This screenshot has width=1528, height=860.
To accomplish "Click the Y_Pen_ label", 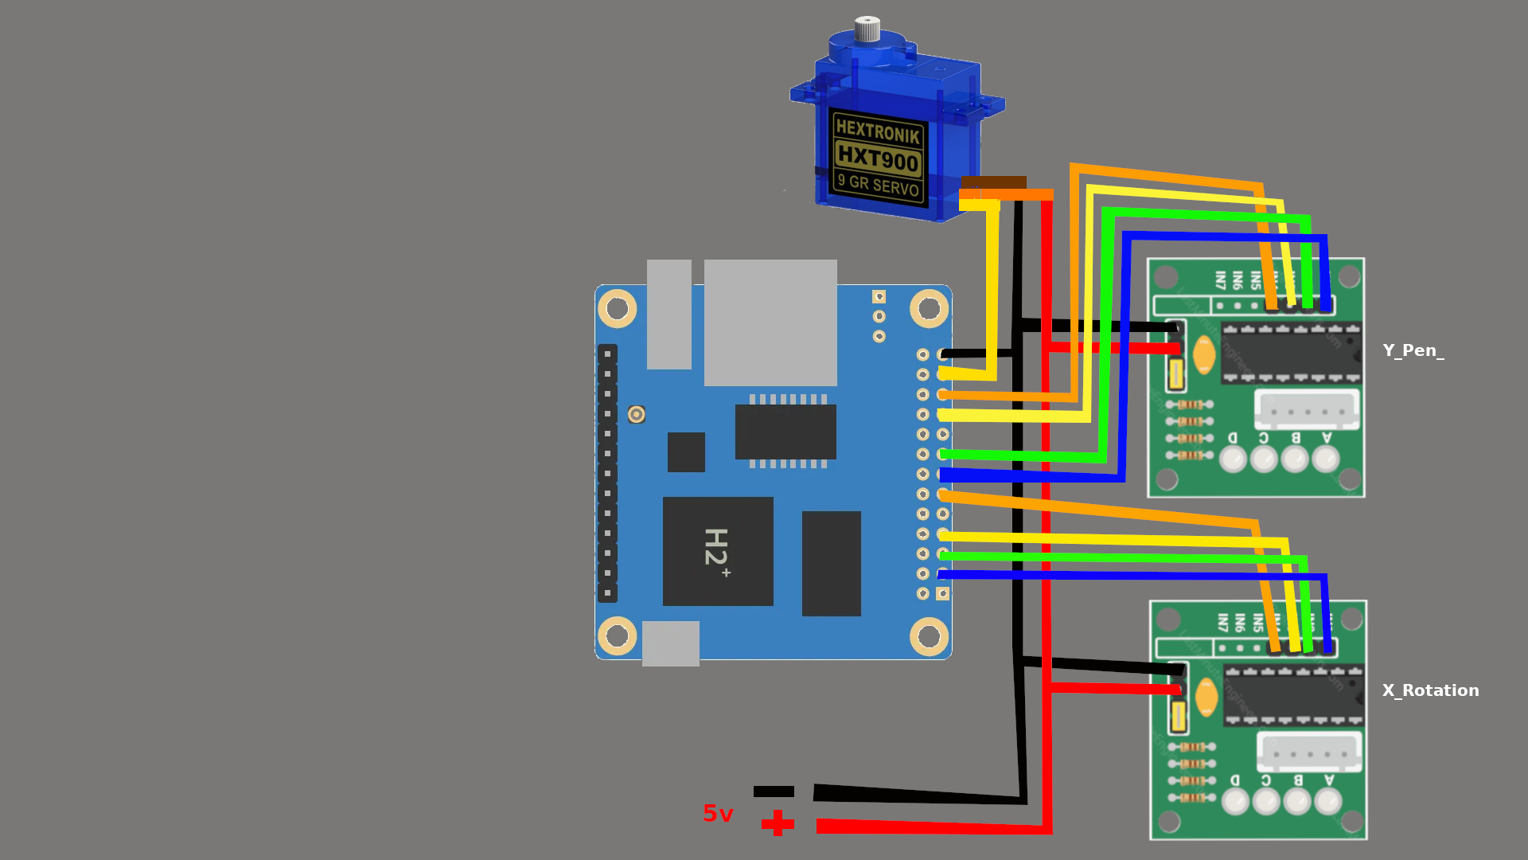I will (1413, 350).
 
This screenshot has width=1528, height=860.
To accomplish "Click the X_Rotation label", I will (1430, 690).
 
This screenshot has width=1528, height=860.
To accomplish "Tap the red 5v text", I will (718, 813).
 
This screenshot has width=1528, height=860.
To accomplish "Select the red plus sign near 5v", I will (778, 823).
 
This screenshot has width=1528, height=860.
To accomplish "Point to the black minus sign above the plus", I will (774, 792).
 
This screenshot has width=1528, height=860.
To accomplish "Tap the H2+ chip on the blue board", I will (718, 550).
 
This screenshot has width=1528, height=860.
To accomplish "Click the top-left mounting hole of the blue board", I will (617, 308).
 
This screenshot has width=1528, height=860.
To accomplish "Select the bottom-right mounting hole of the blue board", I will (929, 636).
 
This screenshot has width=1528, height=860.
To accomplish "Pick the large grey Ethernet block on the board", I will (770, 322).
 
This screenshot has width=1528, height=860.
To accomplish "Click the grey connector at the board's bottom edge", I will (671, 643).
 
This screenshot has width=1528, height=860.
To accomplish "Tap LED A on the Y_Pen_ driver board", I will (1325, 459).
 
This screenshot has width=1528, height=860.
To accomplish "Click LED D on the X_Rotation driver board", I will (1235, 800).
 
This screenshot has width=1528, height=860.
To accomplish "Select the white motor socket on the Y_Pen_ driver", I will (1307, 409).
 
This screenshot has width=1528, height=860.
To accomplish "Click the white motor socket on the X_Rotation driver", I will (1309, 752).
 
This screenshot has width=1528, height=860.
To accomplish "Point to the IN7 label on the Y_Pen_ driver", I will (1220, 280).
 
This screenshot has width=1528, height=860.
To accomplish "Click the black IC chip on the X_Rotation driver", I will (1293, 695).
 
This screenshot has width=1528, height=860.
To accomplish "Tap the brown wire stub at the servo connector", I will (993, 182).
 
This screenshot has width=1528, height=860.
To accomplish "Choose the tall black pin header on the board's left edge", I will (607, 473).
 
